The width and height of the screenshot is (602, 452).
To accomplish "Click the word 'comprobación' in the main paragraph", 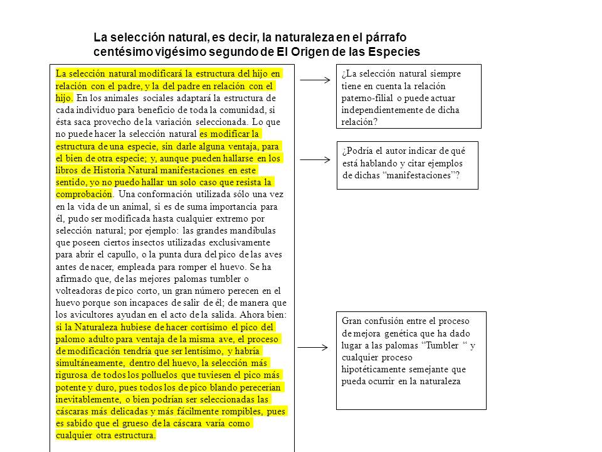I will [83, 193].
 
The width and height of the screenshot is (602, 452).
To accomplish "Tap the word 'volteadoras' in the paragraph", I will [79, 290].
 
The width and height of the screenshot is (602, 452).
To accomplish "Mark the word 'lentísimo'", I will [204, 351].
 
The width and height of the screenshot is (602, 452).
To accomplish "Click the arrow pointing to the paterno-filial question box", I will [315, 81].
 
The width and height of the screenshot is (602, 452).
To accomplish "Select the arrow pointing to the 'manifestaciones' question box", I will [315, 160].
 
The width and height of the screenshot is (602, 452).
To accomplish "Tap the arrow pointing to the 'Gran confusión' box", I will [314, 347].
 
